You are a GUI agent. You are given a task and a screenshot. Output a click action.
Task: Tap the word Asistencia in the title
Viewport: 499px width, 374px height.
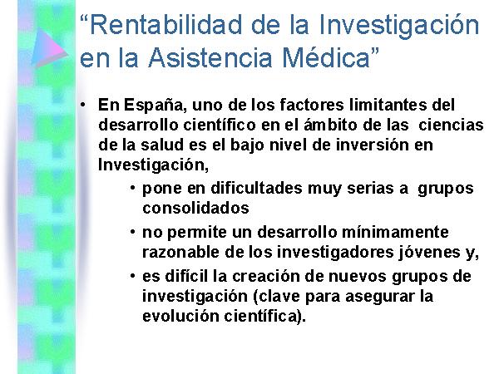click(210, 58)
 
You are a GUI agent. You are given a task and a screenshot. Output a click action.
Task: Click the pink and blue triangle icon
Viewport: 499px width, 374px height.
click(49, 47)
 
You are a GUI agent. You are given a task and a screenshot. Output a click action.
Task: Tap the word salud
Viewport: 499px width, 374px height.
click(162, 145)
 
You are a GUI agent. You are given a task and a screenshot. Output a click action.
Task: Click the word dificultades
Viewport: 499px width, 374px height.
click(256, 188)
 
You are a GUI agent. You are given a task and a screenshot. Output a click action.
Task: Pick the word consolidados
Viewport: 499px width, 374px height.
click(195, 209)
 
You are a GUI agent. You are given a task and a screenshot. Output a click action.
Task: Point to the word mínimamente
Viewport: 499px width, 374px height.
click(395, 232)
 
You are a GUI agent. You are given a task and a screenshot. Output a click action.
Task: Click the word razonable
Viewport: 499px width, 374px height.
click(180, 252)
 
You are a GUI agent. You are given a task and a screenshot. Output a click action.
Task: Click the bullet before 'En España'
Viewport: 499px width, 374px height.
click(83, 105)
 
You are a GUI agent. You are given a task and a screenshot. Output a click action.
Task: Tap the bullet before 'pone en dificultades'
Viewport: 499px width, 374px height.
click(133, 188)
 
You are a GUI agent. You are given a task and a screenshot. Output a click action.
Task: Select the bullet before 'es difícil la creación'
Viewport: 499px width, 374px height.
click(133, 276)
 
